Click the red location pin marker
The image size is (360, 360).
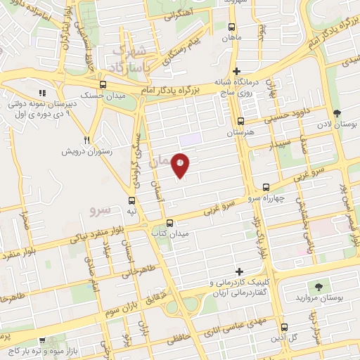tap(181, 165)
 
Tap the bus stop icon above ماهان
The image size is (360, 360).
tap(231, 26)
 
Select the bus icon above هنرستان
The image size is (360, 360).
tap(241, 120)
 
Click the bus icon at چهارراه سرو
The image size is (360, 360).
tap(266, 187)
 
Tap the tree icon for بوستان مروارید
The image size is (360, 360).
tap(319, 286)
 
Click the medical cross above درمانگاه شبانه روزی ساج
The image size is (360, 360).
tap(237, 70)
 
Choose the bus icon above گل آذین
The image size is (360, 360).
tap(284, 327)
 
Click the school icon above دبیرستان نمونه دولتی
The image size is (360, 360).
tap(42, 92)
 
